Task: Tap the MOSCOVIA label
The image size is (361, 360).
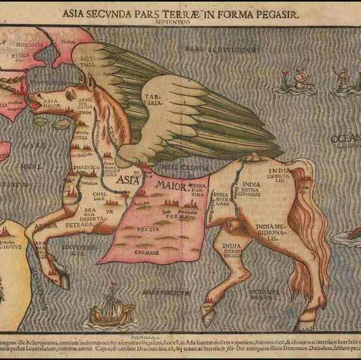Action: (29, 45)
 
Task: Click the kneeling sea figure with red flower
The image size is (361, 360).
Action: (297, 81)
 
